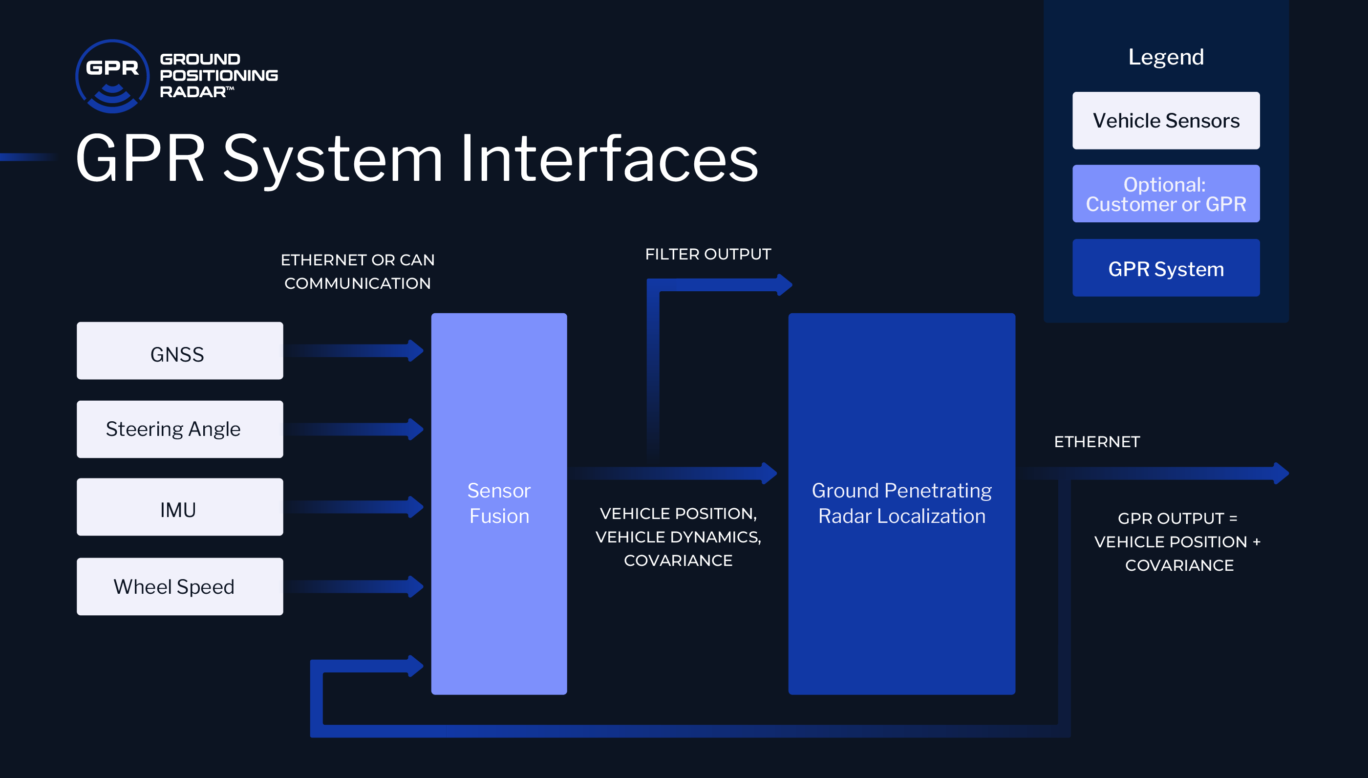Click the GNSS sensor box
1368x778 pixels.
[179, 351]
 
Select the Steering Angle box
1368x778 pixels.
[179, 429]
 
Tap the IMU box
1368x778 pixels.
[179, 507]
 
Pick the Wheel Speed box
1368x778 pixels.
[179, 587]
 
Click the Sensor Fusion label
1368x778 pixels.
[499, 503]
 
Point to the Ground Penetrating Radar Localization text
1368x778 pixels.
[902, 503]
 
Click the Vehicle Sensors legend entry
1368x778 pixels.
[1166, 121]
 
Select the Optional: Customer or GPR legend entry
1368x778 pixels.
[1166, 194]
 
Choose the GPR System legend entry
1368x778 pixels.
[1166, 268]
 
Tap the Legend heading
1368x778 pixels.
[1166, 57]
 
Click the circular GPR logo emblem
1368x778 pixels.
[112, 76]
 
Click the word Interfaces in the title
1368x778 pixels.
[609, 159]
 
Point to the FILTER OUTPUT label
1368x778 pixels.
[708, 254]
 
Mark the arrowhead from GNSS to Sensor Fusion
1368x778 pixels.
[416, 351]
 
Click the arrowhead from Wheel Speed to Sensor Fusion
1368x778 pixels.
[416, 587]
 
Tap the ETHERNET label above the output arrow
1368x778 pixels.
[1097, 442]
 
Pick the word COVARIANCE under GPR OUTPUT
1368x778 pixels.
[1179, 565]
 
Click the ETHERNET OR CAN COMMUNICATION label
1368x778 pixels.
[357, 271]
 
